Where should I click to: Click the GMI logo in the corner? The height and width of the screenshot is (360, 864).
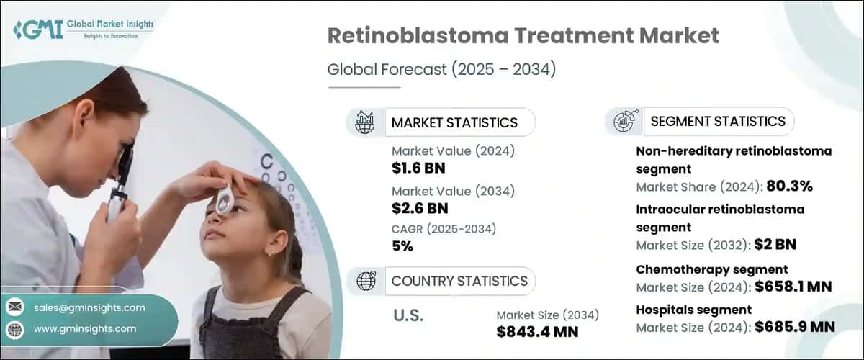pos(29,30)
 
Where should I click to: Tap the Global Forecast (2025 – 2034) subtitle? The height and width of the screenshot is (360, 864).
pos(441,70)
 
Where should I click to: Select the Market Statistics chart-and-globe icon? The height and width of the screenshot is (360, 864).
pos(365,122)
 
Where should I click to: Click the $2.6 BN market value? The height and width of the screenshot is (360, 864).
pos(418,209)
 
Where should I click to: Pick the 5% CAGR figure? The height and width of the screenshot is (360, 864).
pos(403,246)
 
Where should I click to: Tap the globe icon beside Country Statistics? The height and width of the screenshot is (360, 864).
pos(366,281)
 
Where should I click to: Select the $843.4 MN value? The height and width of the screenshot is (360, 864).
pos(537,331)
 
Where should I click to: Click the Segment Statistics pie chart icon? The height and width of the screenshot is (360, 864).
pos(624,122)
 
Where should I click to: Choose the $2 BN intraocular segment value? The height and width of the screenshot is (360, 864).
pos(775,245)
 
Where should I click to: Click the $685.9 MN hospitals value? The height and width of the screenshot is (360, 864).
pos(794,327)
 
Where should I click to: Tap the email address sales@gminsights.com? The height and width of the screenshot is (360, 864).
pos(89,307)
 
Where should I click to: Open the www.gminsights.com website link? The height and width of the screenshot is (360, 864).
pos(85,328)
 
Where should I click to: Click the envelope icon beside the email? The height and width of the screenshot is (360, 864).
pos(14,307)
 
